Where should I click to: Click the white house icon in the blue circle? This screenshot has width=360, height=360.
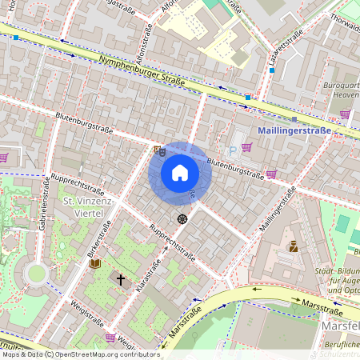coord(180,173)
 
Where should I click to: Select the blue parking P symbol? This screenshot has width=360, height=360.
coord(233,150)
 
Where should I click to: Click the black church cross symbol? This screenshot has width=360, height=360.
coord(122,280)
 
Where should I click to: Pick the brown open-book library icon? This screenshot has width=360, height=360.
coord(94,263)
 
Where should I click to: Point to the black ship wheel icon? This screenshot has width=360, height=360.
coord(182,218)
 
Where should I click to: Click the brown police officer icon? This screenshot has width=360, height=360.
coord(293,246)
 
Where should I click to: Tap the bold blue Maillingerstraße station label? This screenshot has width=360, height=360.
coord(295,130)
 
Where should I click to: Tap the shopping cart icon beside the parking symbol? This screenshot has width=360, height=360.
coord(246,147)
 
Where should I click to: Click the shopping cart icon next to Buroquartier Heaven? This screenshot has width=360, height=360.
coord(345,114)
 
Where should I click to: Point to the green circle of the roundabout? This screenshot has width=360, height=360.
coord(35,274)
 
